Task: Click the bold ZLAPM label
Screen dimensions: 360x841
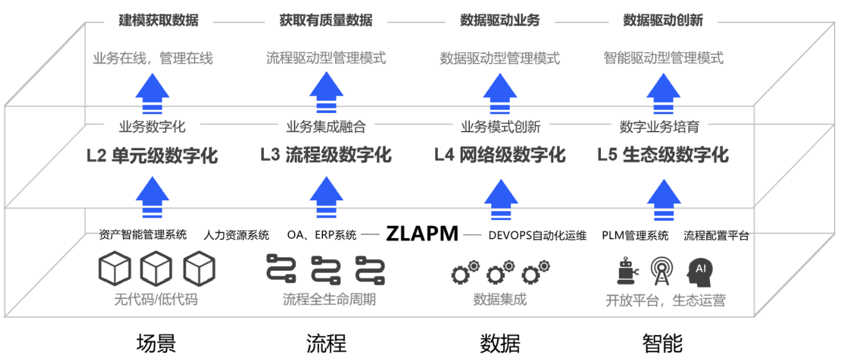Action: (422, 234)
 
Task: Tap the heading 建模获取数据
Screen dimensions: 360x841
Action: (159, 21)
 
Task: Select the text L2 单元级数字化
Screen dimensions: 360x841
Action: (152, 155)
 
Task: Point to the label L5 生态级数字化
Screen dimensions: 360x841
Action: (663, 155)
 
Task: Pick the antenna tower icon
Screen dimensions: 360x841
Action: (662, 271)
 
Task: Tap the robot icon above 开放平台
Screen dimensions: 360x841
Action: (625, 271)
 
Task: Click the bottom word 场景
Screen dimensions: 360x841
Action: (156, 344)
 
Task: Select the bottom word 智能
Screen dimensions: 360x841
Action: (663, 344)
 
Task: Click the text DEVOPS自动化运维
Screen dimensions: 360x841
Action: (537, 236)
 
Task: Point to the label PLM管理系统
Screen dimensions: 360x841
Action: (635, 236)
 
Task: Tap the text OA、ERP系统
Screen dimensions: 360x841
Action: (322, 236)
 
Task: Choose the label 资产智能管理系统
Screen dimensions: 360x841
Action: (143, 235)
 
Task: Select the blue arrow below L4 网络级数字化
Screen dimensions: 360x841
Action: (500, 199)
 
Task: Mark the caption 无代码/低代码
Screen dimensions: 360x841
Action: (156, 299)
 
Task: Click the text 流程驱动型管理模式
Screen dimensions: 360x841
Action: (326, 58)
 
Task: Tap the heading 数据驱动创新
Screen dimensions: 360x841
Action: (663, 21)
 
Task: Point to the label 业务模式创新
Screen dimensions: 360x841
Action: (500, 126)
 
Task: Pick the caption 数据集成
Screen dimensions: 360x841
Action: (499, 299)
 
